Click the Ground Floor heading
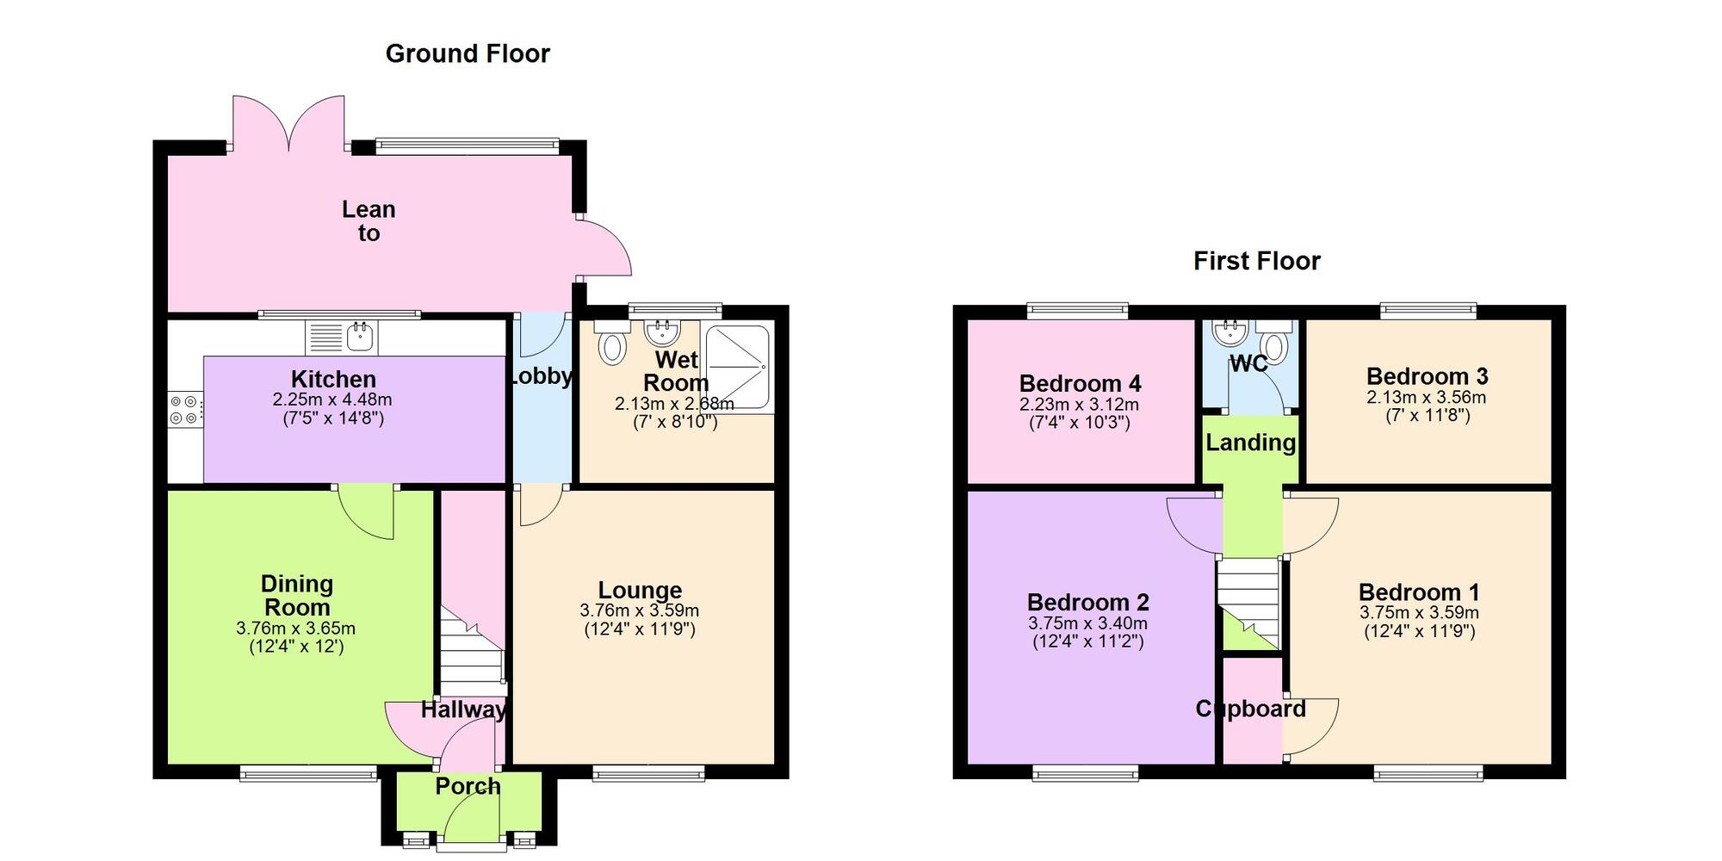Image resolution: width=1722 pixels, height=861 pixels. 468,53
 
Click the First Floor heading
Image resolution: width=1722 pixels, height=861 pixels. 1256,261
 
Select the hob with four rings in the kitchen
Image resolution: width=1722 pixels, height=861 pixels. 184,410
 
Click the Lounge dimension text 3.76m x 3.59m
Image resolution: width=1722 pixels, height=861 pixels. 640,610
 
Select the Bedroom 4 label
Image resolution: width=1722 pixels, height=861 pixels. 1080,383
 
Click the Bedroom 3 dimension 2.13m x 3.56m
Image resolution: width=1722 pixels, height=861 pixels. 1427,397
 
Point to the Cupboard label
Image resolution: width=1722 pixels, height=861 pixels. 1250,709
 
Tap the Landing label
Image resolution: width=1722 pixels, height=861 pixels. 1250,443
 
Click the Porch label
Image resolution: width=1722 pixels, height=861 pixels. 468,786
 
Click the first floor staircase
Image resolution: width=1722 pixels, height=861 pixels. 1248,603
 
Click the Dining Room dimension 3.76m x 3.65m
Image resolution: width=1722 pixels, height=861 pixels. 295,629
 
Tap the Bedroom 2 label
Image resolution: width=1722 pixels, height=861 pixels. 1087,602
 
